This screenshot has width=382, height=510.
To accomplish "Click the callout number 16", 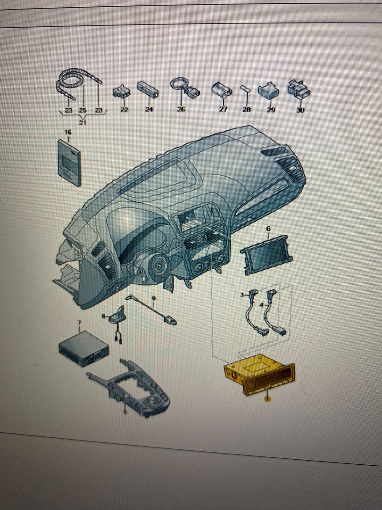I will [x=68, y=132].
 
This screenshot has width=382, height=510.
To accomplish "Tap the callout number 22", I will [x=124, y=109].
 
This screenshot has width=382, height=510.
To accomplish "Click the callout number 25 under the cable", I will [x=82, y=110].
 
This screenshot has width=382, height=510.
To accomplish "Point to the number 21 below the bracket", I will [x=83, y=123].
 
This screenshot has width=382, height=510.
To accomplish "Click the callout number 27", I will [x=223, y=109].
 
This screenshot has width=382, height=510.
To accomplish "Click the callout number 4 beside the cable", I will [x=262, y=305].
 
